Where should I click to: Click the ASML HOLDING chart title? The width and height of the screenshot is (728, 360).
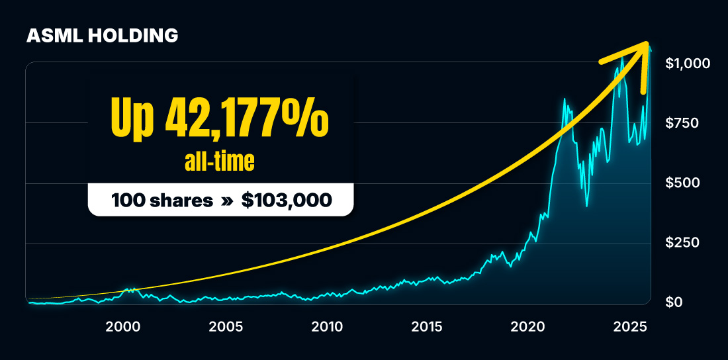pyautogui.click(x=103, y=36)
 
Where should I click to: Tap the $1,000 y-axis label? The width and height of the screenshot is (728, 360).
pyautogui.click(x=688, y=64)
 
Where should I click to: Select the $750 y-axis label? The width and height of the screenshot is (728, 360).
pyautogui.click(x=682, y=123)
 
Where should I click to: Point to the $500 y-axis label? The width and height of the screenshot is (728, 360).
pyautogui.click(x=683, y=183)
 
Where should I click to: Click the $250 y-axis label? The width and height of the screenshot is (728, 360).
pyautogui.click(x=683, y=243)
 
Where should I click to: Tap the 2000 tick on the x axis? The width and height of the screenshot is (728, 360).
pyautogui.click(x=123, y=326)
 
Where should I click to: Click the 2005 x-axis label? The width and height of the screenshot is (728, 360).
pyautogui.click(x=226, y=326)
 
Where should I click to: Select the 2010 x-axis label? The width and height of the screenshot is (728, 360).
pyautogui.click(x=326, y=326)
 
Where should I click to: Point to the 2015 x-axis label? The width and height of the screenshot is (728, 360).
pyautogui.click(x=427, y=326)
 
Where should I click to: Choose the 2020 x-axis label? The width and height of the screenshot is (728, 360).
pyautogui.click(x=528, y=326)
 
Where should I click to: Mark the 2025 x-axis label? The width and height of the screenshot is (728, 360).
pyautogui.click(x=629, y=326)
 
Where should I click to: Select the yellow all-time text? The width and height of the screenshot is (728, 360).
pyautogui.click(x=220, y=162)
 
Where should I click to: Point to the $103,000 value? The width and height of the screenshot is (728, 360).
pyautogui.click(x=287, y=200)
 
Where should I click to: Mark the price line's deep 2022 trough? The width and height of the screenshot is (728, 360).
pyautogui.click(x=587, y=206)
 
